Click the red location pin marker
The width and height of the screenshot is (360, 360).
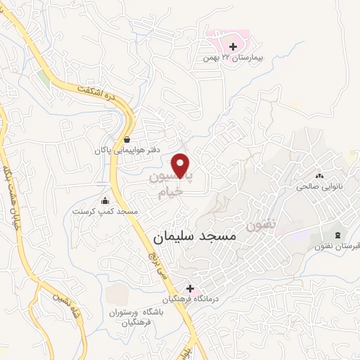pyautogui.click(x=182, y=165)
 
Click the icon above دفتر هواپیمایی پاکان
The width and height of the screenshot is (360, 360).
pyautogui.click(x=127, y=139)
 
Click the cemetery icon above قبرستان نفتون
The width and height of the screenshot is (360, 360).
pyautogui.click(x=338, y=234)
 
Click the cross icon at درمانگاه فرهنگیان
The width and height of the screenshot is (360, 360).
pyautogui.click(x=190, y=288)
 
